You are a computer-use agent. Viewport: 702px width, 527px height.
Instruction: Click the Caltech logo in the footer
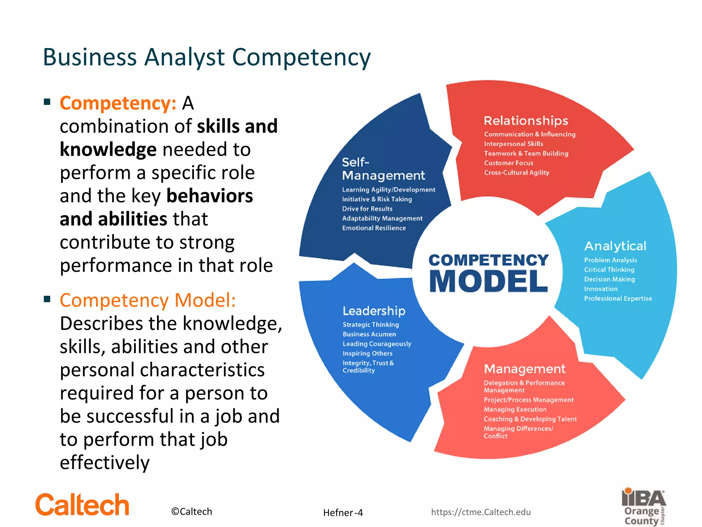[82, 505]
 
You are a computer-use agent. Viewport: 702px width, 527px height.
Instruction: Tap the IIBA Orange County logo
[644, 507]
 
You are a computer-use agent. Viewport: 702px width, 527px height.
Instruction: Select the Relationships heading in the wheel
[526, 121]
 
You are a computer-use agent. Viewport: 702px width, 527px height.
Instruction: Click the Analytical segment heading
[615, 246]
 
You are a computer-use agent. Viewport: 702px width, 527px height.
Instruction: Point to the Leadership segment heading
[374, 311]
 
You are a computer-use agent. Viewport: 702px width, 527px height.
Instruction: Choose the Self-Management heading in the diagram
[383, 169]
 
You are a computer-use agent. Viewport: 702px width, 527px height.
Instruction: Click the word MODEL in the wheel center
[488, 281]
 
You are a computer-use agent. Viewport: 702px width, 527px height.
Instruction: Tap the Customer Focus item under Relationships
[509, 163]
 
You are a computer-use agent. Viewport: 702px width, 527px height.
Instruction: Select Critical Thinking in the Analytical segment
[609, 270]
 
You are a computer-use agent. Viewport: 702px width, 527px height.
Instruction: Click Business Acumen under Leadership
[369, 334]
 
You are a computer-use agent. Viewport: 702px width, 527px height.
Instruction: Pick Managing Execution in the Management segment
[515, 409]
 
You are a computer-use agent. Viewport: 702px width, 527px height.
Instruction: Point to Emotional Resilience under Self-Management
[374, 228]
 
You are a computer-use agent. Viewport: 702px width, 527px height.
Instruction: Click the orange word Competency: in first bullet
[118, 103]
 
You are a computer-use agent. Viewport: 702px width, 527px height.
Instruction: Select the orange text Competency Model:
[148, 300]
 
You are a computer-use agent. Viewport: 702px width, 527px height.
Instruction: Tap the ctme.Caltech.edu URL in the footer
[481, 512]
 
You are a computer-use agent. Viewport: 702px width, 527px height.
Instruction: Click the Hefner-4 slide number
[343, 513]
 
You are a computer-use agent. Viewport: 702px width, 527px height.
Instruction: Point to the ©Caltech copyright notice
[192, 512]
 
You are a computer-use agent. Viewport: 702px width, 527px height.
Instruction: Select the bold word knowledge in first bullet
[108, 150]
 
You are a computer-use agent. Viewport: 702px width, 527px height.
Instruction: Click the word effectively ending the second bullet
[105, 462]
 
